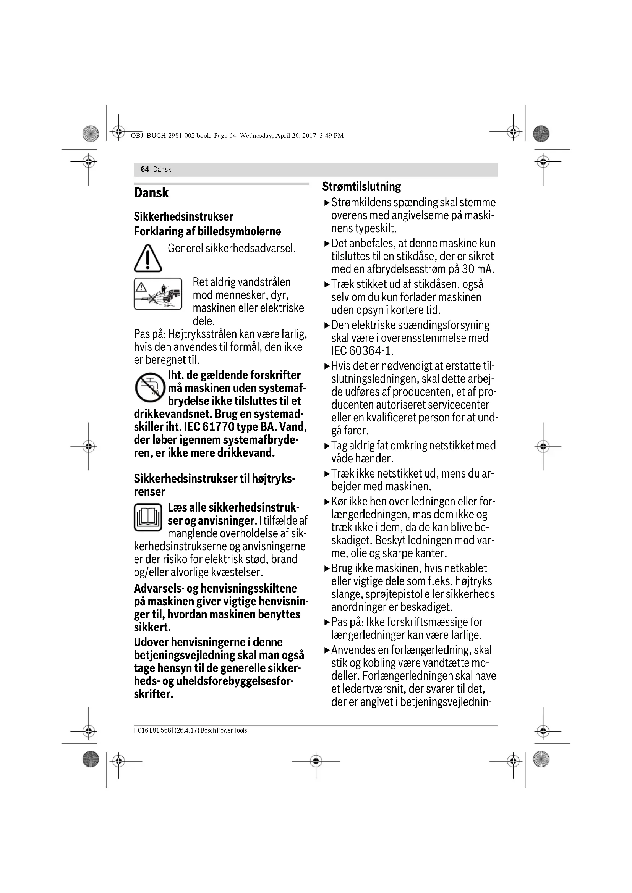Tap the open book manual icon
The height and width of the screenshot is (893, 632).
pos(148,517)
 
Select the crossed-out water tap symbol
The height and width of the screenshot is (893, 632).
pos(150,388)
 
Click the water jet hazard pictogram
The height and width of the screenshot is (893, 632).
pos(157,294)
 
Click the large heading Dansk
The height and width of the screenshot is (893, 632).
pos(151,193)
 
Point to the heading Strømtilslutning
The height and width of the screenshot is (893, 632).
pos(361,187)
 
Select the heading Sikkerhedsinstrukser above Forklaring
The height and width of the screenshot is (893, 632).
pos(183,216)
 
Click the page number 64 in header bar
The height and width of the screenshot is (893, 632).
pos(145,170)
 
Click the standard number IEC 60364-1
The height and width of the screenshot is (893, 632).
pos(362,351)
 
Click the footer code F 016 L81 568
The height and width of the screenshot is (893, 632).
pos(152,731)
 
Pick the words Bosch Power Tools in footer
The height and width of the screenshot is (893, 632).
pos(224,731)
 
